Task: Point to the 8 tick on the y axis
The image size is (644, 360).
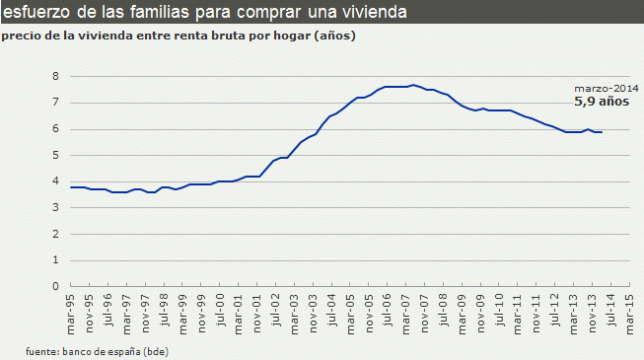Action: point(56,76)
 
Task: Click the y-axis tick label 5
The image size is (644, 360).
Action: point(56,155)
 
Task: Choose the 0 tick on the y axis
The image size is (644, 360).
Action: point(56,286)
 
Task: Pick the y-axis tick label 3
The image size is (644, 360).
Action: point(56,207)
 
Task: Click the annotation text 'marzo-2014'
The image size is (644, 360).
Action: point(601,87)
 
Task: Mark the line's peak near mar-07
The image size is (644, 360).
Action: point(412,85)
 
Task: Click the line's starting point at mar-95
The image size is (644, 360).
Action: point(70,186)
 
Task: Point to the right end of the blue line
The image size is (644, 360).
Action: point(602,132)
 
